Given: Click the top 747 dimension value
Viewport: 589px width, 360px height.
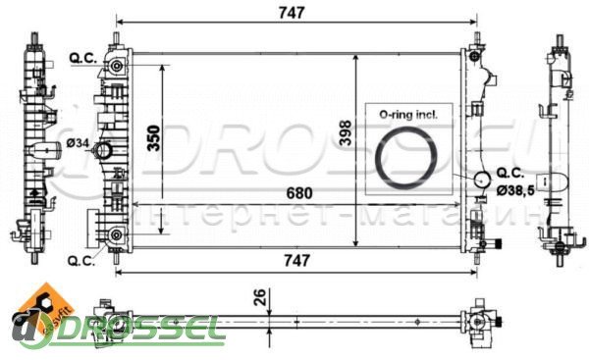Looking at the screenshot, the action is (292, 13).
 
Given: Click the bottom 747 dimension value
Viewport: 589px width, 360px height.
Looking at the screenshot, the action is (296, 260).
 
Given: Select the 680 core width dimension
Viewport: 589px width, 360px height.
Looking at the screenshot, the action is (299, 193).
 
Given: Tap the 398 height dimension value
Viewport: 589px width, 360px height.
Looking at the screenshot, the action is (346, 132).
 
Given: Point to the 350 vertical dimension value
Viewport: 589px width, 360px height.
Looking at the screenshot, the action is (154, 138).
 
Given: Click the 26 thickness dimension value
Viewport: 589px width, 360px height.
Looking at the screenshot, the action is (260, 297).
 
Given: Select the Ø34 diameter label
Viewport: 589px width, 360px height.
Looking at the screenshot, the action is (78, 143).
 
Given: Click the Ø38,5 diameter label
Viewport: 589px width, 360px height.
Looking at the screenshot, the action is (515, 191).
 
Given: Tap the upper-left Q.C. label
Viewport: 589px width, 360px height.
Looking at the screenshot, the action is (83, 58).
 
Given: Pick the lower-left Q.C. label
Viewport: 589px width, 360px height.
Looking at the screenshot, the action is (81, 261).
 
